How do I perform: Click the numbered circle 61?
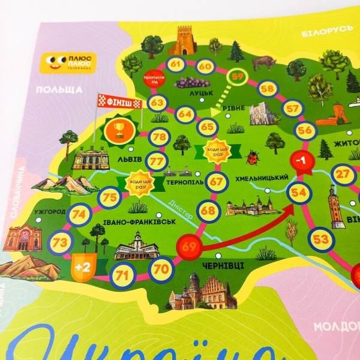pos(175,65)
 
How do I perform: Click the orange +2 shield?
pos(82,267)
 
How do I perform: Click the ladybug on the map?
pos(253,158)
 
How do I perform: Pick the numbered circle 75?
pos(110,197)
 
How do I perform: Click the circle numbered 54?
pos(298,193)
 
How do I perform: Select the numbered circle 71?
pos(123,275)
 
